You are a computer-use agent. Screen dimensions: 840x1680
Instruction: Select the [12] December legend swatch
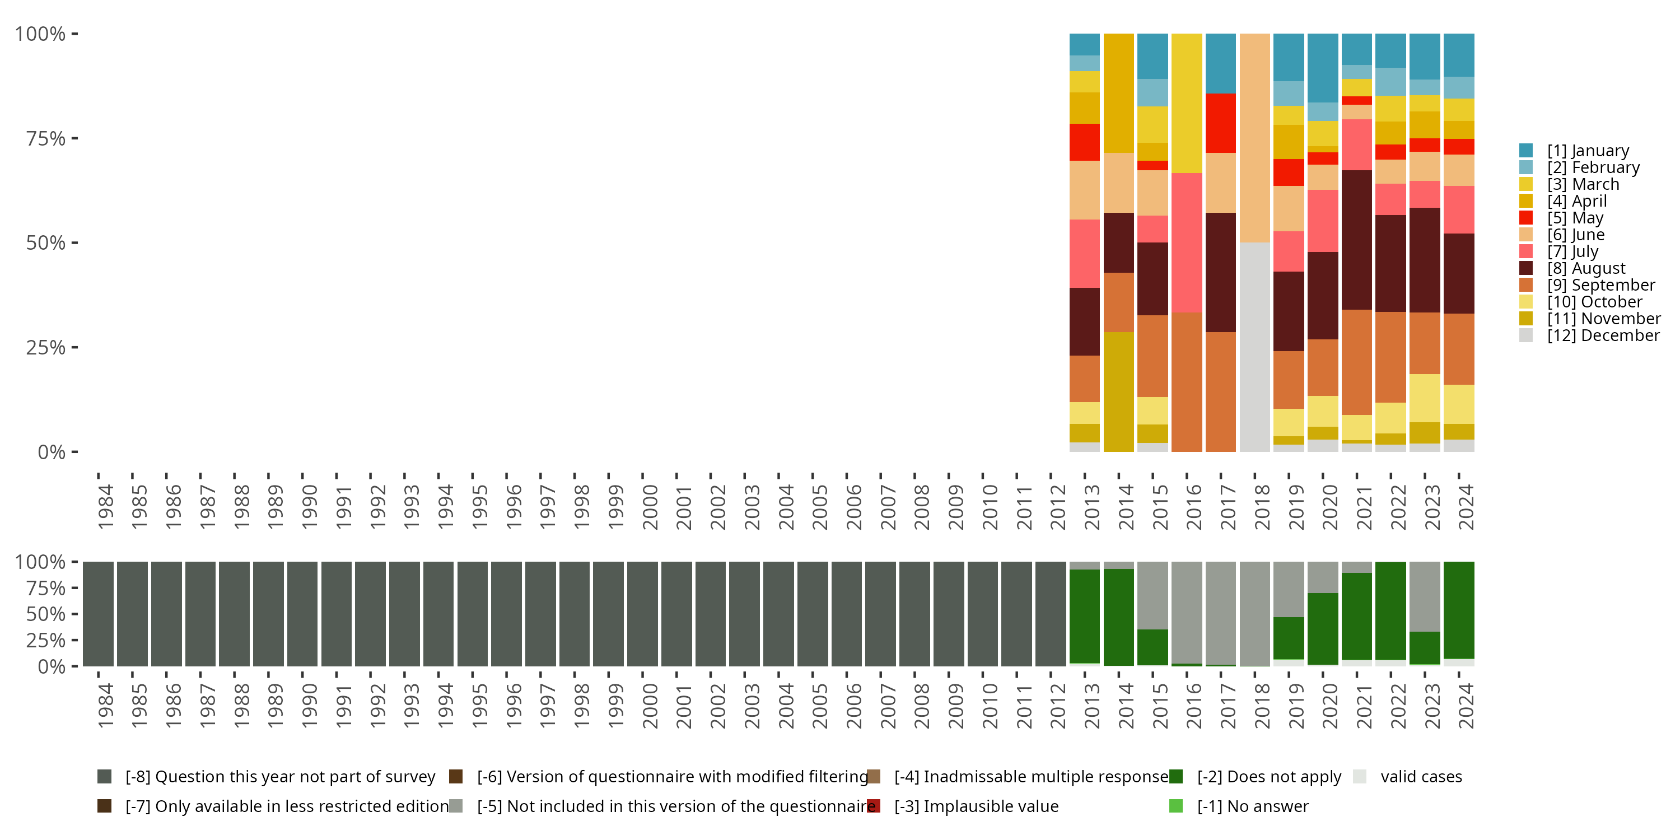pos(1526,335)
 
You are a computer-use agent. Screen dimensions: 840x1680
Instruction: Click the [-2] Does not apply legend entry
pos(1268,777)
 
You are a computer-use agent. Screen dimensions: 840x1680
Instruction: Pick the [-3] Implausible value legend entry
pos(976,806)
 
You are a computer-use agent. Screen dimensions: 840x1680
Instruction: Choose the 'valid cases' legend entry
pos(1420,777)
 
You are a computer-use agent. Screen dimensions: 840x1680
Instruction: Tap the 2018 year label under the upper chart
pos(1262,507)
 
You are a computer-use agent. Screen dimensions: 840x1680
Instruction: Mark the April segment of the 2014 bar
pos(1118,94)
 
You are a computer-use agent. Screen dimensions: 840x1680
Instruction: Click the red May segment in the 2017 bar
pos(1221,123)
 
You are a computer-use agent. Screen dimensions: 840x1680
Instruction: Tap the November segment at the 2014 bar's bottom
pos(1118,391)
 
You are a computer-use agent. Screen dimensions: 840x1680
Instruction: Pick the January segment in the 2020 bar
pos(1323,68)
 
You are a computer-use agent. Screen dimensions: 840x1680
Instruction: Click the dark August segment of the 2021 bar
pos(1356,240)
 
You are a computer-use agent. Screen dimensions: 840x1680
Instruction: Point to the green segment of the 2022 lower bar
pos(1390,610)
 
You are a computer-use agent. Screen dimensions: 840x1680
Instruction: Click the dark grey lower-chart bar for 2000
pos(642,614)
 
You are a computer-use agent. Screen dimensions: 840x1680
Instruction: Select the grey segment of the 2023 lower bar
pos(1424,596)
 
